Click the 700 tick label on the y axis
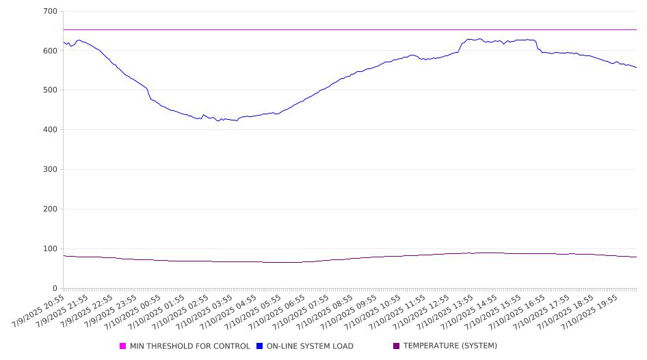click(50, 11)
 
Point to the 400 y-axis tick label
click(50, 129)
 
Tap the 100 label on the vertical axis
click(50, 248)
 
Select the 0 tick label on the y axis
click(55, 288)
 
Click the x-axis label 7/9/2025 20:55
click(38, 311)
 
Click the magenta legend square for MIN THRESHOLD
click(122, 346)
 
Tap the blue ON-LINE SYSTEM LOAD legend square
click(259, 346)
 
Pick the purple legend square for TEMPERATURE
click(397, 346)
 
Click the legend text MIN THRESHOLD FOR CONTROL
click(190, 346)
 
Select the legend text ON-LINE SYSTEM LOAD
click(310, 346)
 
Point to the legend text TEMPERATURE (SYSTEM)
click(450, 346)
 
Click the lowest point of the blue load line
click(237, 120)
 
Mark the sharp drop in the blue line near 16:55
click(537, 44)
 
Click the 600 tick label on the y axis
click(50, 51)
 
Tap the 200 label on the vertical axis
click(50, 209)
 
